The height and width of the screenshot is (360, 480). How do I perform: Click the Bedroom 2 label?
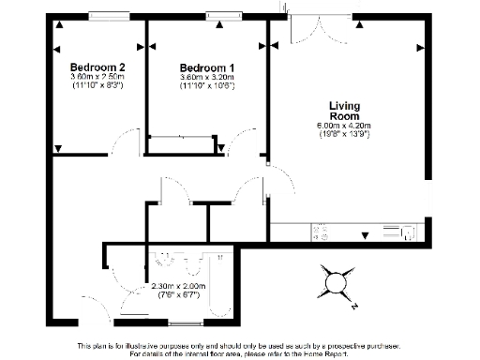(97, 67)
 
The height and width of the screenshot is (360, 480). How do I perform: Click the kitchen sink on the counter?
(409, 232)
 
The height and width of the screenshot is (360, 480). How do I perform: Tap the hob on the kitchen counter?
(319, 231)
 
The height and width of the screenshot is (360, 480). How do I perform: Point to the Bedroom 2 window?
(110, 15)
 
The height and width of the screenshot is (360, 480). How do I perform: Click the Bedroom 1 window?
(222, 15)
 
